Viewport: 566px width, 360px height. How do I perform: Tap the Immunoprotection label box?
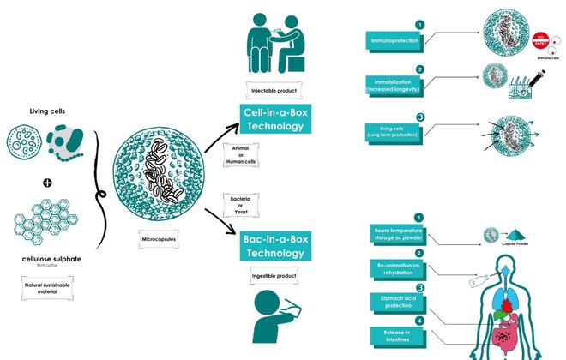point(395,40)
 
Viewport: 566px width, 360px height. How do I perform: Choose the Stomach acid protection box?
point(395,301)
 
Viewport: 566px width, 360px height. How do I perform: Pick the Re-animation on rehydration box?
point(395,267)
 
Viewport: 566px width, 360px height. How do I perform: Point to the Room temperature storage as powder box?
point(395,233)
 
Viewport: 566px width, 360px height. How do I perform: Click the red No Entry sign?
point(540,38)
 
